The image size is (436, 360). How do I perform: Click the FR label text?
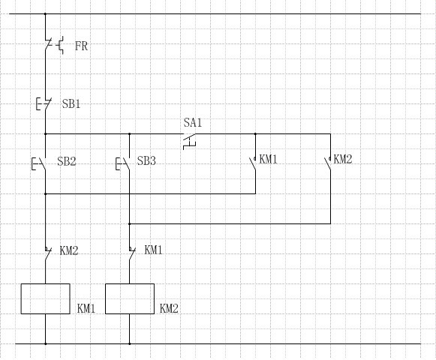82,46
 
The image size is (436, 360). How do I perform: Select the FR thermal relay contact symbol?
54,45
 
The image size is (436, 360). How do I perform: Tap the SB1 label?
71,104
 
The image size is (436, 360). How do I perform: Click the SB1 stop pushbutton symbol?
44,103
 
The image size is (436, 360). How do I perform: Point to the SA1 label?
193,122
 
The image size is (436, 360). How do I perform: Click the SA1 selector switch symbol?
190,141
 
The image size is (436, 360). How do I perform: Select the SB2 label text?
67,161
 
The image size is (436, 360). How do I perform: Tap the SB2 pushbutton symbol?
39,163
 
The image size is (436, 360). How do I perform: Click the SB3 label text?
146,161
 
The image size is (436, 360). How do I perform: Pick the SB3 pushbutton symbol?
122,163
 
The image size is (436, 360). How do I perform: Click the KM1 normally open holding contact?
253,163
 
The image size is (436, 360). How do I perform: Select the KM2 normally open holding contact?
328,163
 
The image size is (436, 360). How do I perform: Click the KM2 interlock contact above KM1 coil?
48,253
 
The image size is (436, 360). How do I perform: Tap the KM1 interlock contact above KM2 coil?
132,253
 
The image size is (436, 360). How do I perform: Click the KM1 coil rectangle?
45,298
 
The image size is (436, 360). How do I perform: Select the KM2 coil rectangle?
130,298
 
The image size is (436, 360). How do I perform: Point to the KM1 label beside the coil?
86,308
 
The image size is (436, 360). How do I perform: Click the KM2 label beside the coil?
169,308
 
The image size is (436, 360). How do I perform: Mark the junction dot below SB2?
46,193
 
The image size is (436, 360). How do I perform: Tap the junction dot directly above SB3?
129,134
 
